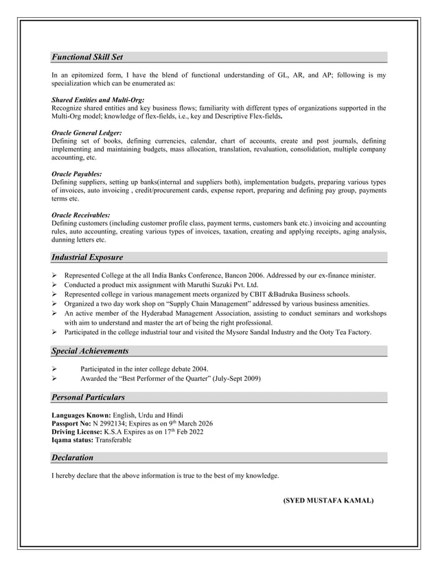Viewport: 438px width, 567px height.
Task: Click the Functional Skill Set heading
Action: [x=87, y=57]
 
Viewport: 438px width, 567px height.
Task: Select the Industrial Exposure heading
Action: [x=87, y=257]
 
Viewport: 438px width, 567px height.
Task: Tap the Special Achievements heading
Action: [x=90, y=351]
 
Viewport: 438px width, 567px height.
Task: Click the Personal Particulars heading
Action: [x=88, y=397]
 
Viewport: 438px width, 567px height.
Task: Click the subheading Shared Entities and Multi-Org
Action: [x=97, y=100]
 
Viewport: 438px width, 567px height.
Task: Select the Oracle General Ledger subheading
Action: [x=87, y=132]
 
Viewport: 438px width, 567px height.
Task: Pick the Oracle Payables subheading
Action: [x=77, y=174]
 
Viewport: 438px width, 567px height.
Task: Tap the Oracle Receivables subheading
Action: [x=81, y=216]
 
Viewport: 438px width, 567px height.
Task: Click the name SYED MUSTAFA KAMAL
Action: [x=328, y=501]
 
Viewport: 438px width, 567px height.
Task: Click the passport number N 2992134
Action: [x=106, y=424]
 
